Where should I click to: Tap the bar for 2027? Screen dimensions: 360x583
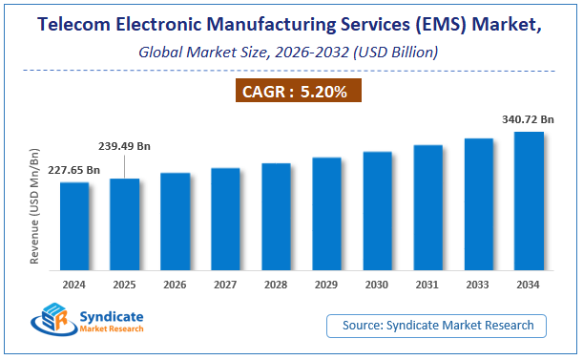(x=225, y=220)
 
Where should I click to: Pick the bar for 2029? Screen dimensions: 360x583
(x=326, y=214)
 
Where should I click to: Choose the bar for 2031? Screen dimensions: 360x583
(x=427, y=208)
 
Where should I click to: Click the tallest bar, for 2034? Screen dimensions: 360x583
(x=529, y=201)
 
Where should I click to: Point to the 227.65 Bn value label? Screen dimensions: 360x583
(x=73, y=170)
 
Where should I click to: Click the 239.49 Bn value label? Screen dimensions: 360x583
(x=123, y=149)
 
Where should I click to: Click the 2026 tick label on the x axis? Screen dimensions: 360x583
(x=175, y=284)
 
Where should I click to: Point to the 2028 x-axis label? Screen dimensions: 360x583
(x=276, y=284)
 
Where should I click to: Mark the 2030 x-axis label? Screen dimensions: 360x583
(x=377, y=284)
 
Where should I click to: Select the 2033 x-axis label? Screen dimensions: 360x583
(x=478, y=284)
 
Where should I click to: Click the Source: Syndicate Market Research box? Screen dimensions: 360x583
(x=436, y=326)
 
